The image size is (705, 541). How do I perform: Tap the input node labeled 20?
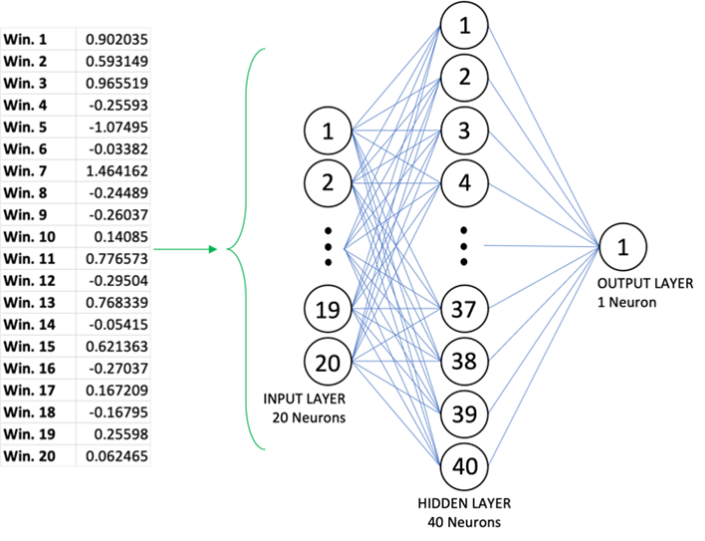point(328,364)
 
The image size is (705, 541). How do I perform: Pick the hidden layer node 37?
point(464,309)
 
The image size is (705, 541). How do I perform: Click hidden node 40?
point(464,465)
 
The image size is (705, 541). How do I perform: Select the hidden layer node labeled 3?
point(464,132)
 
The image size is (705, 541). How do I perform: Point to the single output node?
point(622,248)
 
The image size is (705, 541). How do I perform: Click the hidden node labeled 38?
point(464,361)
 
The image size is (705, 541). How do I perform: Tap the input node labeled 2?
point(328,182)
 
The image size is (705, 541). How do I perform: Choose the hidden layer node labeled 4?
point(464,183)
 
